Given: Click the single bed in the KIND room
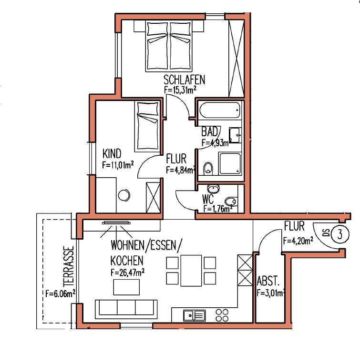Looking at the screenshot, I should (148, 126).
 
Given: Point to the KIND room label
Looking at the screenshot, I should (112, 155).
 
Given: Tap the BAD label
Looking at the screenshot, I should (210, 131).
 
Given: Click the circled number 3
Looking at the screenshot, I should (339, 234).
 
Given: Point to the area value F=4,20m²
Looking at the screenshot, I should (298, 241).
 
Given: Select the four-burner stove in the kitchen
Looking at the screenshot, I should (222, 314).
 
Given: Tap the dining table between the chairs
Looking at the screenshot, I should (190, 270).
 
